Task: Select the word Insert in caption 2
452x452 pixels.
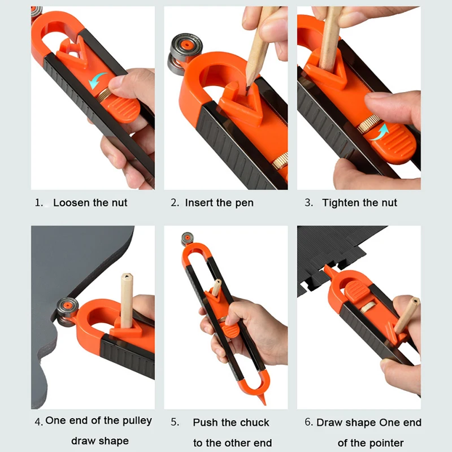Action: [x=199, y=203]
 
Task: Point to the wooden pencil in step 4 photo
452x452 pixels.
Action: [x=127, y=299]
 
